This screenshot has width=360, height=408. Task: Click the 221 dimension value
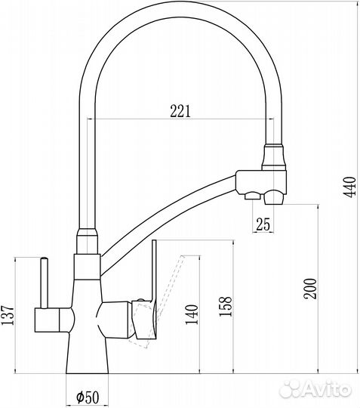(x=179, y=110)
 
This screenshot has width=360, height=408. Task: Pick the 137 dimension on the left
(x=8, y=315)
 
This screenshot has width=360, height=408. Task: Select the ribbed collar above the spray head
(x=274, y=154)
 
